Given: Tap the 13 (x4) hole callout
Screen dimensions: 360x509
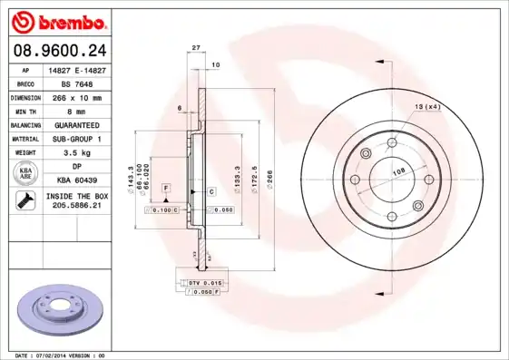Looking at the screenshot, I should (426, 108).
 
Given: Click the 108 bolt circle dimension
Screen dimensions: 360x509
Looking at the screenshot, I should (397, 170).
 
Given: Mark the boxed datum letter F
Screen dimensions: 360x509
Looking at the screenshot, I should (166, 186).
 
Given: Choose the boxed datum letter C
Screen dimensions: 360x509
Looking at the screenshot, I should (211, 191).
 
